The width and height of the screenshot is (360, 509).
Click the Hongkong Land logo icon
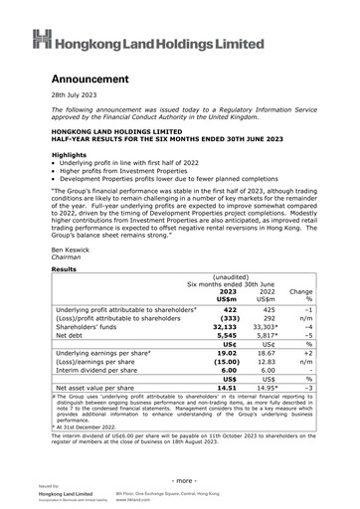tap(41, 40)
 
